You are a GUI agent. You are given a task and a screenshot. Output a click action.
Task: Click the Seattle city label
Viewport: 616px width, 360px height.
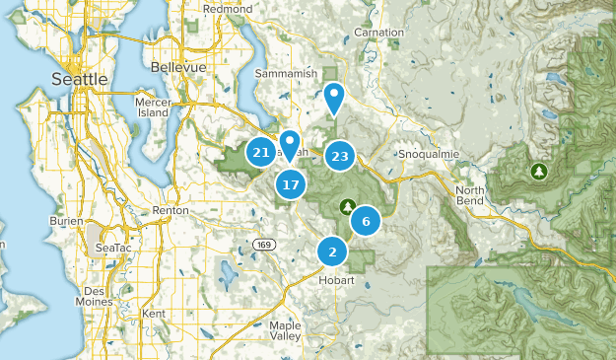(x=81, y=78)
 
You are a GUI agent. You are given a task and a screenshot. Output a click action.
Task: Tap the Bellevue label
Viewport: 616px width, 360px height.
(x=178, y=67)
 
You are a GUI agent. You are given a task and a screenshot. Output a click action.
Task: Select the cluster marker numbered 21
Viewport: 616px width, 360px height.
(x=261, y=153)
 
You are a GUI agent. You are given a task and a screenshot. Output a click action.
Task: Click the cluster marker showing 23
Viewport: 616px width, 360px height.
(x=340, y=156)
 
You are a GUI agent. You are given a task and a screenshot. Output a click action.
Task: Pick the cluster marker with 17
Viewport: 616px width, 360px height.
(x=290, y=184)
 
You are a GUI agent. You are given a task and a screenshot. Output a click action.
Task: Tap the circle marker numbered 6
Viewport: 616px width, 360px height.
(x=366, y=222)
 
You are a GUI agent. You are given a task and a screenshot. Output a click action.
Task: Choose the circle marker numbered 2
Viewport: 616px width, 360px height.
(x=332, y=252)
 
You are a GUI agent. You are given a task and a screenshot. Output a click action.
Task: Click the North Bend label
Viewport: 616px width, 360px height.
(x=470, y=196)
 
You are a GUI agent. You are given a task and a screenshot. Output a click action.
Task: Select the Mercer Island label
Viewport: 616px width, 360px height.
(x=153, y=106)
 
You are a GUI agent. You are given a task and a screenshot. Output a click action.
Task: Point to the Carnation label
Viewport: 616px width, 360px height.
(x=379, y=33)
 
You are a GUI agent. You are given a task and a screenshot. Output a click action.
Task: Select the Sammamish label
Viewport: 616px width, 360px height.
(x=282, y=74)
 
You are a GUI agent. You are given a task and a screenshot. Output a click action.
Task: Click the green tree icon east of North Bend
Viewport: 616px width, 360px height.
(x=539, y=172)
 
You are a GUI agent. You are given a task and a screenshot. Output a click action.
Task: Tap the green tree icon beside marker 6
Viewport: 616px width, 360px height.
(x=347, y=207)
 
